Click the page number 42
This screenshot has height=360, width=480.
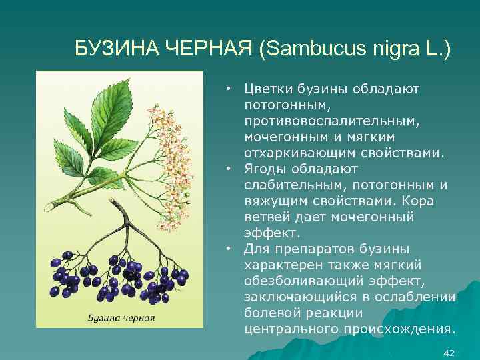click(449, 352)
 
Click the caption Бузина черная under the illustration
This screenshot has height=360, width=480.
click(121, 317)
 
